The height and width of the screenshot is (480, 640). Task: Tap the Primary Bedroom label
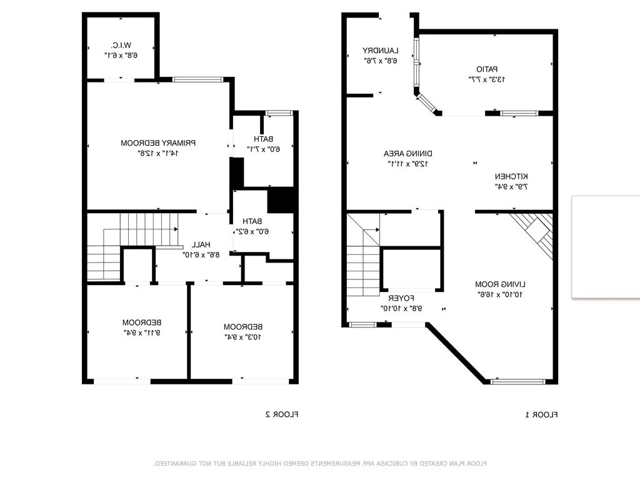coord(158,143)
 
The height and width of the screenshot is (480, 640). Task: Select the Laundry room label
coord(381,51)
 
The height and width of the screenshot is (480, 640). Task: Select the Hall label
coord(201,244)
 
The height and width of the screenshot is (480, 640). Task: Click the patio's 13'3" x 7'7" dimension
coord(487,79)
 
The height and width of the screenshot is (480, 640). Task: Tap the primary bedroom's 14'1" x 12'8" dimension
coord(158,153)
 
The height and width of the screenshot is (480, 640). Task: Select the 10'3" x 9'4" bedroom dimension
coord(242,337)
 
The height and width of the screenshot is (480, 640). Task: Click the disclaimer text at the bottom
coord(320,464)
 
